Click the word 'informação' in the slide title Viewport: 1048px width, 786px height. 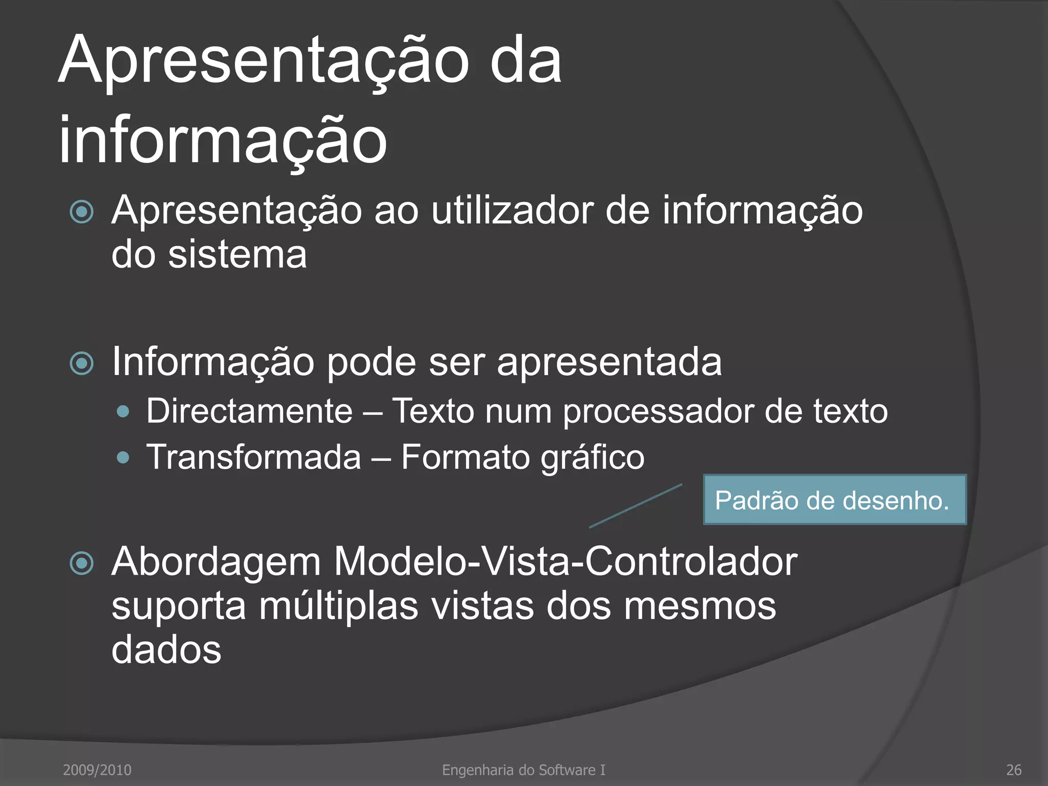coord(223,140)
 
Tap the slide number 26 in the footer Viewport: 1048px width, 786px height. coord(1014,770)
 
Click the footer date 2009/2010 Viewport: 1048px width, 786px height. coord(97,770)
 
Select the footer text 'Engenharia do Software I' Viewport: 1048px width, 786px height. coord(523,770)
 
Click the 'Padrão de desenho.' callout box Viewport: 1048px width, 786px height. coord(835,500)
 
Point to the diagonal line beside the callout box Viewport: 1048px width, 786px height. coord(636,506)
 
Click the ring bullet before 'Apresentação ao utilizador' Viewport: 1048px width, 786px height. coord(82,212)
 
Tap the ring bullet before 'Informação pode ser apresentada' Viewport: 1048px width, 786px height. coord(82,363)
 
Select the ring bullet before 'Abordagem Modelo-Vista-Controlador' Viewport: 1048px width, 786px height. coord(82,563)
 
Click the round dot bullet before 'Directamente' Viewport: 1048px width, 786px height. coord(123,411)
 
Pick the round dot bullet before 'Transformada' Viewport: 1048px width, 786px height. coord(123,457)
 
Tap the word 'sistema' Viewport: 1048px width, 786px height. coord(237,254)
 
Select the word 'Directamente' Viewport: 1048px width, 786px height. coord(250,411)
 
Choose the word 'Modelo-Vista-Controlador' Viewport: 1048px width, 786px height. coord(565,562)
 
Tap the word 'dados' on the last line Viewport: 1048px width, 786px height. coord(166,650)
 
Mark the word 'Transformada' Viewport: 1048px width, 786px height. coord(254,457)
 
